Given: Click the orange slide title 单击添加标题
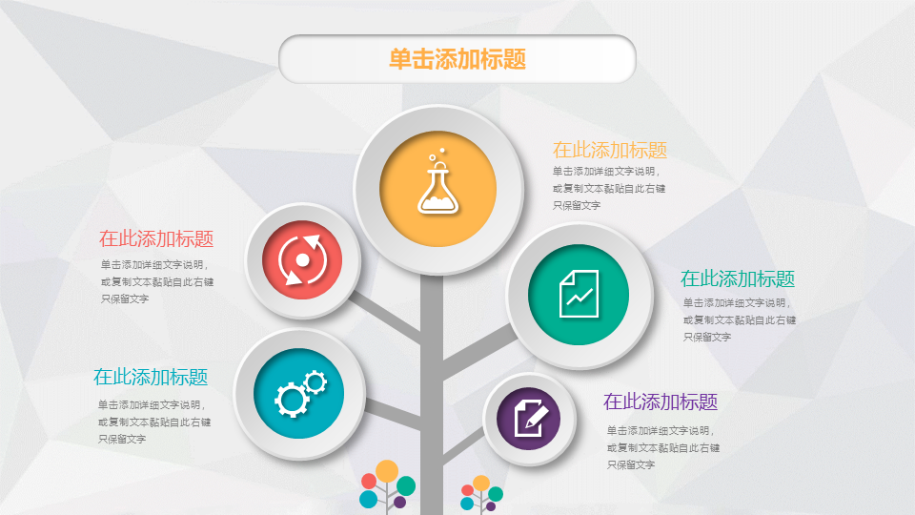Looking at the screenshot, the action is tap(457, 59).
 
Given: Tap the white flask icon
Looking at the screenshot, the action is tap(438, 181).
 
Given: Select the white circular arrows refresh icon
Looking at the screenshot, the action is tap(302, 259).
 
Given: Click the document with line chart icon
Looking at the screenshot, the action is tap(579, 294).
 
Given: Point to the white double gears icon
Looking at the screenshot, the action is tap(300, 393).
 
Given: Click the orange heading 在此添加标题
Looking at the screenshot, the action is tap(610, 150).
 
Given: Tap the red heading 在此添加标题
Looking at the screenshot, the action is tap(156, 238).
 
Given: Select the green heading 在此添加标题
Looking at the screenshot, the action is tap(738, 279).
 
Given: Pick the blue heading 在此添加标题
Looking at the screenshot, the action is tap(151, 378).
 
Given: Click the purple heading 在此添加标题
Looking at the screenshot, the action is tap(661, 402).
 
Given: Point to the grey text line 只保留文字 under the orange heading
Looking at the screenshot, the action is tap(577, 206).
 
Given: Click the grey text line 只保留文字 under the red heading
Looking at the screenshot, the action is tap(125, 299).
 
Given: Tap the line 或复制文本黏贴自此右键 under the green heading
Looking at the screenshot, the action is tap(740, 320).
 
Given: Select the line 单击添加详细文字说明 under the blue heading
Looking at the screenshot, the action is tap(152, 404).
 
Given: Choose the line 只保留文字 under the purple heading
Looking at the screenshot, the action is tap(631, 464).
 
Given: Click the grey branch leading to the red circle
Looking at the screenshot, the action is tap(385, 317).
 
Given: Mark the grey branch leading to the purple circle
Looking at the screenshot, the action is tap(463, 443).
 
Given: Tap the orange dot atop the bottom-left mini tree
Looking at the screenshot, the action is tap(387, 470).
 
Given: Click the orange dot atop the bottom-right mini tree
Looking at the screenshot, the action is tap(481, 483).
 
